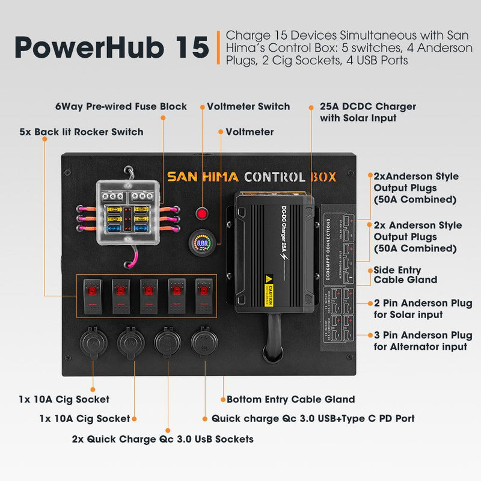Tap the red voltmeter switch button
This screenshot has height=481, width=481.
pos(203,213)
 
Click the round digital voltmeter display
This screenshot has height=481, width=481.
pos(203,244)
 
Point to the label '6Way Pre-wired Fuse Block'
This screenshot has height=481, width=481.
pos(121,106)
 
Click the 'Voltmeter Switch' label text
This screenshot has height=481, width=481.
pos(248,106)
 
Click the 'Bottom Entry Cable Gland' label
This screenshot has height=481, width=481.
pos(290,399)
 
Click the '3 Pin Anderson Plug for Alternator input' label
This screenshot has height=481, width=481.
pos(423,341)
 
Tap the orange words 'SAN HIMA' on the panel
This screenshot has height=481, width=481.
pos(203,177)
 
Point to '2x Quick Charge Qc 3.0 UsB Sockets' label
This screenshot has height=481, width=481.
pos(162,439)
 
